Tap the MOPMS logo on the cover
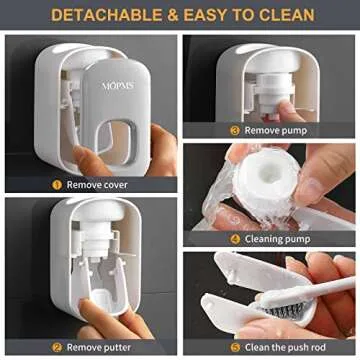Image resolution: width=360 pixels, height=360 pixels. pos(117,86)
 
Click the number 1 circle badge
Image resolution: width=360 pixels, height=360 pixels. pos(57,184)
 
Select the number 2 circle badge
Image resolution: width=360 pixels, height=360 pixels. pos(57,347)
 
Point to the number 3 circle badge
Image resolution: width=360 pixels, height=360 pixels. pos(235,130)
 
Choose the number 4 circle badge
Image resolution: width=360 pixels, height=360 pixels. pos(235,239)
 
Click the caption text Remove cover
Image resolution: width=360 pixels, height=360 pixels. pos(99,184)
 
